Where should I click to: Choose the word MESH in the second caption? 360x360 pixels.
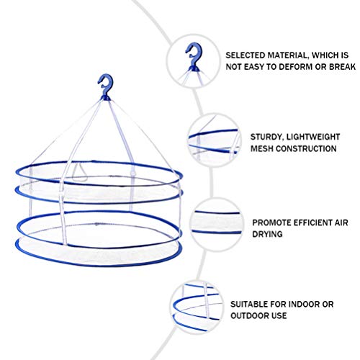(261, 148)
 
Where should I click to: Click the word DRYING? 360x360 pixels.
(267, 234)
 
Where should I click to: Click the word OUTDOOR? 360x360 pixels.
(250, 315)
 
